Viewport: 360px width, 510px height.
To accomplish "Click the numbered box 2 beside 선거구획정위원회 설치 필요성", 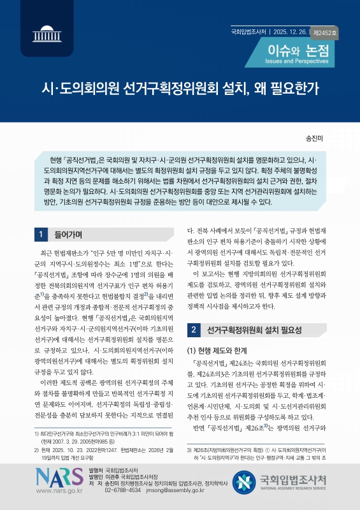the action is (x=192, y=330).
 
